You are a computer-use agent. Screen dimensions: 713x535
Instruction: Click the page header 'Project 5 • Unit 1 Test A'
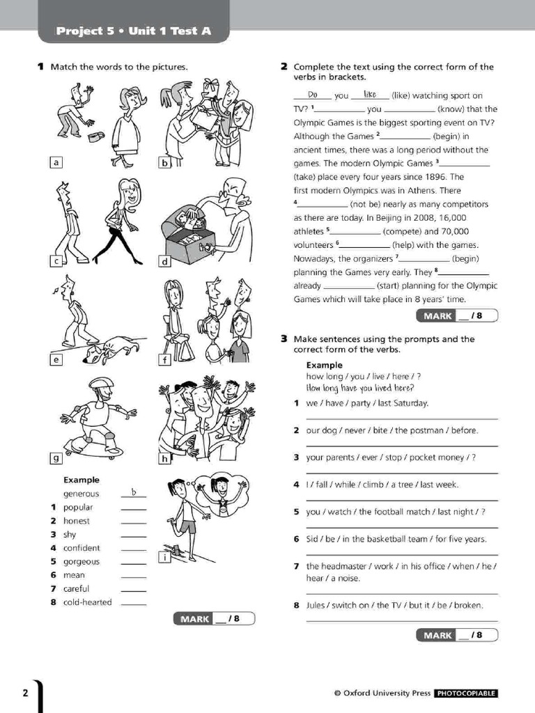click(x=132, y=31)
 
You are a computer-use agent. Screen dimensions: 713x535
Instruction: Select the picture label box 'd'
click(x=165, y=262)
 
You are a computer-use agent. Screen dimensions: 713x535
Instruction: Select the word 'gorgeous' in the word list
click(x=82, y=561)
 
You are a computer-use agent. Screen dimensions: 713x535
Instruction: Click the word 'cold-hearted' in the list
click(x=87, y=602)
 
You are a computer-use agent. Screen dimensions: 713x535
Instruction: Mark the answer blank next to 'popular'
click(x=134, y=508)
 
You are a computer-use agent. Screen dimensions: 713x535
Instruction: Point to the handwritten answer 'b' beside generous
click(x=134, y=493)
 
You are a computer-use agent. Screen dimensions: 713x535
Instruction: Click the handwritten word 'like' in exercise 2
click(x=369, y=95)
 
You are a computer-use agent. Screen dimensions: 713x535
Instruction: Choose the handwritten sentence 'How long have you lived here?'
click(x=360, y=389)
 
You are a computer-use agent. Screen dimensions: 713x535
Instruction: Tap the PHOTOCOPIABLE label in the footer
click(x=465, y=694)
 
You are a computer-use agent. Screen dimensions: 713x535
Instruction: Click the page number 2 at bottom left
click(x=26, y=693)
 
